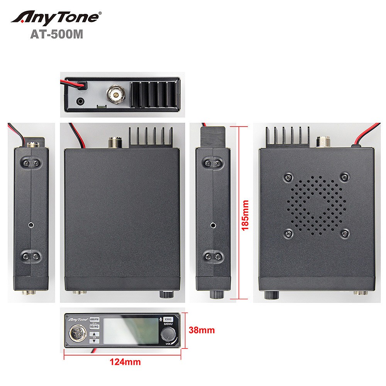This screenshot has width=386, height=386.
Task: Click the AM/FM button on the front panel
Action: tap(94, 320)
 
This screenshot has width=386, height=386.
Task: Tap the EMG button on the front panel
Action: tap(168, 320)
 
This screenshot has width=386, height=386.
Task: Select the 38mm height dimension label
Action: tap(201, 330)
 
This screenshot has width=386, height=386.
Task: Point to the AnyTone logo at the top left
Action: tap(56, 17)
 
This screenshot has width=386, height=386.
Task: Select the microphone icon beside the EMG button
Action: tap(161, 320)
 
